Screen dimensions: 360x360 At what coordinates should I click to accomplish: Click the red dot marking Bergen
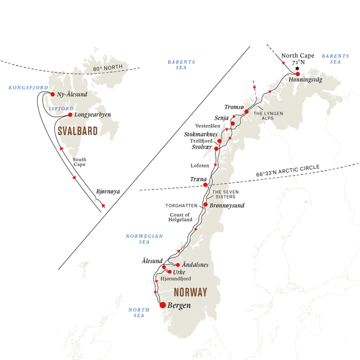163,305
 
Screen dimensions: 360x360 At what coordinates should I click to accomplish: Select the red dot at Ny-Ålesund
53,94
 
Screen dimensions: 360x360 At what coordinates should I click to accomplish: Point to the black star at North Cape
296,68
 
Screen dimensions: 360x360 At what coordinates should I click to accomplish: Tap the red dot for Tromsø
246,112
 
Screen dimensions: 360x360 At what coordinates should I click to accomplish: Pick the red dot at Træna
205,184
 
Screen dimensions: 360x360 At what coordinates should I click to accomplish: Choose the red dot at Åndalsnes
178,264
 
